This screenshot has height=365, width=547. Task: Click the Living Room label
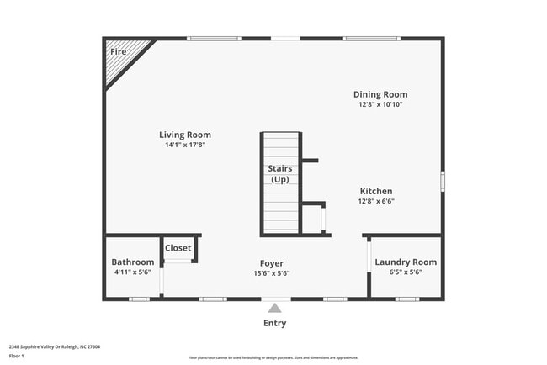(x=185, y=135)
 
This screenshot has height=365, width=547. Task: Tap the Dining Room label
(x=380, y=94)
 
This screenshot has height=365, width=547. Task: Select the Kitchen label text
(x=376, y=191)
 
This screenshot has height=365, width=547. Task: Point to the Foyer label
(x=271, y=262)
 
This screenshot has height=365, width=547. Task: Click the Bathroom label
(x=134, y=262)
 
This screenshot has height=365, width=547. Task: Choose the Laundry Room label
(x=406, y=262)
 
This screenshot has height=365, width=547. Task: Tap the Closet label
(x=178, y=248)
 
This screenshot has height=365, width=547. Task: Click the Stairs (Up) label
(x=280, y=174)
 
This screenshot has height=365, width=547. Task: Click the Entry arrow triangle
(x=274, y=309)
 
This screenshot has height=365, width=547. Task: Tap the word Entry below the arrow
(x=274, y=323)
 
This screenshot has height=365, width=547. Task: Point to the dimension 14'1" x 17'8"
(x=185, y=145)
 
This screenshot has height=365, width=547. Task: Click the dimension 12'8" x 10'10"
(x=380, y=104)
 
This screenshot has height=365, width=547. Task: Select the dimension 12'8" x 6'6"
(x=376, y=201)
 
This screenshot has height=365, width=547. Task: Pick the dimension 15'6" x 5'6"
(x=271, y=272)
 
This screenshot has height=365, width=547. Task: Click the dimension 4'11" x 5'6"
(x=134, y=272)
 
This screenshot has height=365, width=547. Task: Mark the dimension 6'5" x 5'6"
(x=406, y=272)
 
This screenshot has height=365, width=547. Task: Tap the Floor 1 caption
(x=18, y=356)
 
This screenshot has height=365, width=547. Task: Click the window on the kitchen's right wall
(x=443, y=182)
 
